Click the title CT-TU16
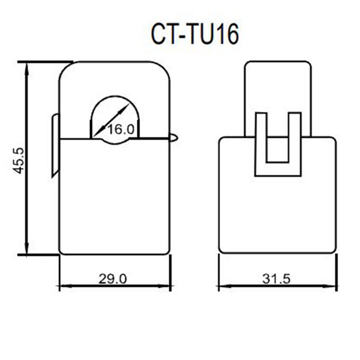click(x=195, y=35)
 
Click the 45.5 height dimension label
click(x=18, y=160)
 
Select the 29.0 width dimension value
click(x=113, y=279)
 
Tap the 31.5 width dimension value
click(x=277, y=279)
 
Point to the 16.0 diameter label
click(x=121, y=129)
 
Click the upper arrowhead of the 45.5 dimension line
click(x=27, y=69)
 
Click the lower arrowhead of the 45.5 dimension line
click(x=27, y=247)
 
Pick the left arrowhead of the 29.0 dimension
click(x=66, y=286)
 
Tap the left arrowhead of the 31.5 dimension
click(x=225, y=286)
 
